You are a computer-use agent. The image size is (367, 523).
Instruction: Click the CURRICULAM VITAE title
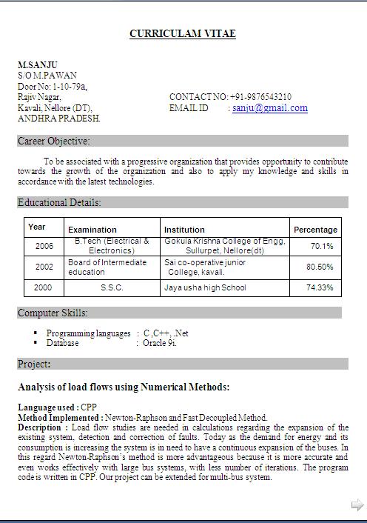pos(183,33)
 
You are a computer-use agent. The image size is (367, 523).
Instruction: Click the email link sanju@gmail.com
pos(270,108)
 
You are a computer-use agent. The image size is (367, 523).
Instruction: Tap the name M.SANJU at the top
pos(38,65)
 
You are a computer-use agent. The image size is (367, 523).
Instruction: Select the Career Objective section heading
pos(54,141)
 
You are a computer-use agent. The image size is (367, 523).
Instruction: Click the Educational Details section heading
pos(60,202)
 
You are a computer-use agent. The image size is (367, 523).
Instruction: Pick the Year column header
pos(37,227)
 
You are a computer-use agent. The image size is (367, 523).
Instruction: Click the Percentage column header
pos(315,230)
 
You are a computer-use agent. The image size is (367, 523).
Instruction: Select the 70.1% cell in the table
pos(322,246)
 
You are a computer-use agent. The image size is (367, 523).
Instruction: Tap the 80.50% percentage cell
pos(320,267)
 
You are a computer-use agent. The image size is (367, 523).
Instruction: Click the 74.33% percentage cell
pos(320,287)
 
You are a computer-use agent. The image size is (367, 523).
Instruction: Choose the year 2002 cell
pos(44,267)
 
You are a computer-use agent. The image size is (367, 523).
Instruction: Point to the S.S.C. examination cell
pos(112,287)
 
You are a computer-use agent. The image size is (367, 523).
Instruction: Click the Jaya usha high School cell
pos(205,287)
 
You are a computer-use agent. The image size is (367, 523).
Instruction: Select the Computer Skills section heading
pos(53,313)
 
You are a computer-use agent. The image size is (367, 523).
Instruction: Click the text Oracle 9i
pos(160,343)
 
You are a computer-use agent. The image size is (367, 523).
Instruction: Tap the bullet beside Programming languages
pos(35,333)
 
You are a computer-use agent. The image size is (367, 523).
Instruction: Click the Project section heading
pos(34,364)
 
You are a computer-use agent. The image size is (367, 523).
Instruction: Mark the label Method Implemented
pos(59,418)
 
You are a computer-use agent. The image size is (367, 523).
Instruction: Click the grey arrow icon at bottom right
pos(357,505)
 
